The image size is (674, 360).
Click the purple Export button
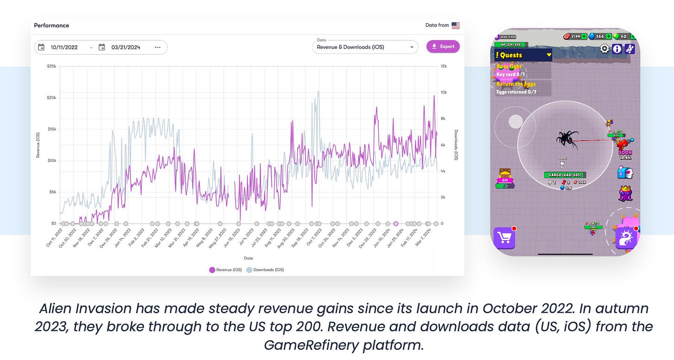[x=443, y=46]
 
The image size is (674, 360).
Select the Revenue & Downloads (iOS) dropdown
[x=365, y=47]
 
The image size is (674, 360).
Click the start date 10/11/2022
[x=64, y=47]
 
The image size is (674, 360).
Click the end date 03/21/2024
[x=126, y=47]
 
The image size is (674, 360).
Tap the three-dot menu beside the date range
[x=158, y=47]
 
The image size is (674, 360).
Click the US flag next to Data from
[x=456, y=25]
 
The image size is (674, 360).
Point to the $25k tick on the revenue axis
[x=51, y=66]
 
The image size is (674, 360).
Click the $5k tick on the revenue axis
[x=52, y=192]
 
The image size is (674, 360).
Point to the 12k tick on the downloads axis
[x=443, y=66]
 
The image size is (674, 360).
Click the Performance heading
[x=51, y=25]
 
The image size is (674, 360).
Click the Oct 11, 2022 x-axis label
[x=55, y=238]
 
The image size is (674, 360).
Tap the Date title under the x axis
[x=249, y=258]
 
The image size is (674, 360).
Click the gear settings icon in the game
[x=605, y=49]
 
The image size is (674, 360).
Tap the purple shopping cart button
[x=504, y=238]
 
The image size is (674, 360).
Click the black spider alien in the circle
[x=568, y=139]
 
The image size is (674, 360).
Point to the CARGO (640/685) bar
[x=565, y=175]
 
